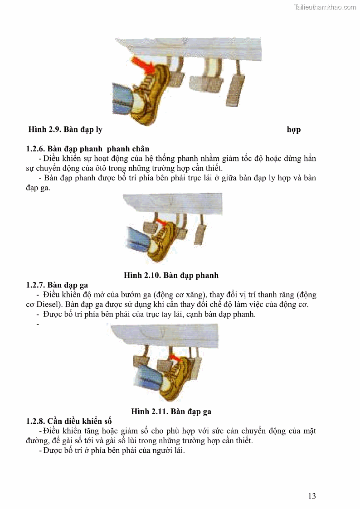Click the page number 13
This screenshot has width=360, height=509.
click(311, 496)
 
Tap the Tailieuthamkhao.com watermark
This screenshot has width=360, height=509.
click(325, 7)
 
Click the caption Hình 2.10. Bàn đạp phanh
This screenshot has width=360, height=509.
click(171, 275)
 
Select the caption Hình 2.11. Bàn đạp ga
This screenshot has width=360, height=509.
click(171, 412)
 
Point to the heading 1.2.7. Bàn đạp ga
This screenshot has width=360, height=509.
click(57, 285)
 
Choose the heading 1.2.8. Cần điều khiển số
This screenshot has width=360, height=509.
click(69, 421)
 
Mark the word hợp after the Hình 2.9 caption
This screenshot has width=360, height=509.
click(293, 130)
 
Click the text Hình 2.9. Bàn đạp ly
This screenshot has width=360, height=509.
click(65, 130)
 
